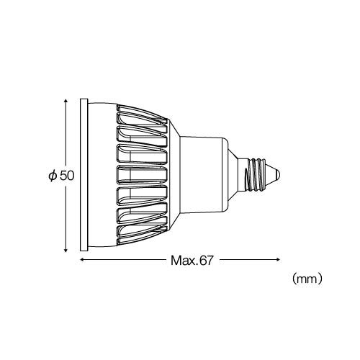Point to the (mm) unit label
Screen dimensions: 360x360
coord(307,275)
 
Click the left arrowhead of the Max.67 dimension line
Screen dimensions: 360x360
coord(81,259)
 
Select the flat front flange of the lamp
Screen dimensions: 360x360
coord(84,175)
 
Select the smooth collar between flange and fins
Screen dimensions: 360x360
coord(101,175)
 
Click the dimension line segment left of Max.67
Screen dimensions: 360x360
coord(122,259)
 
